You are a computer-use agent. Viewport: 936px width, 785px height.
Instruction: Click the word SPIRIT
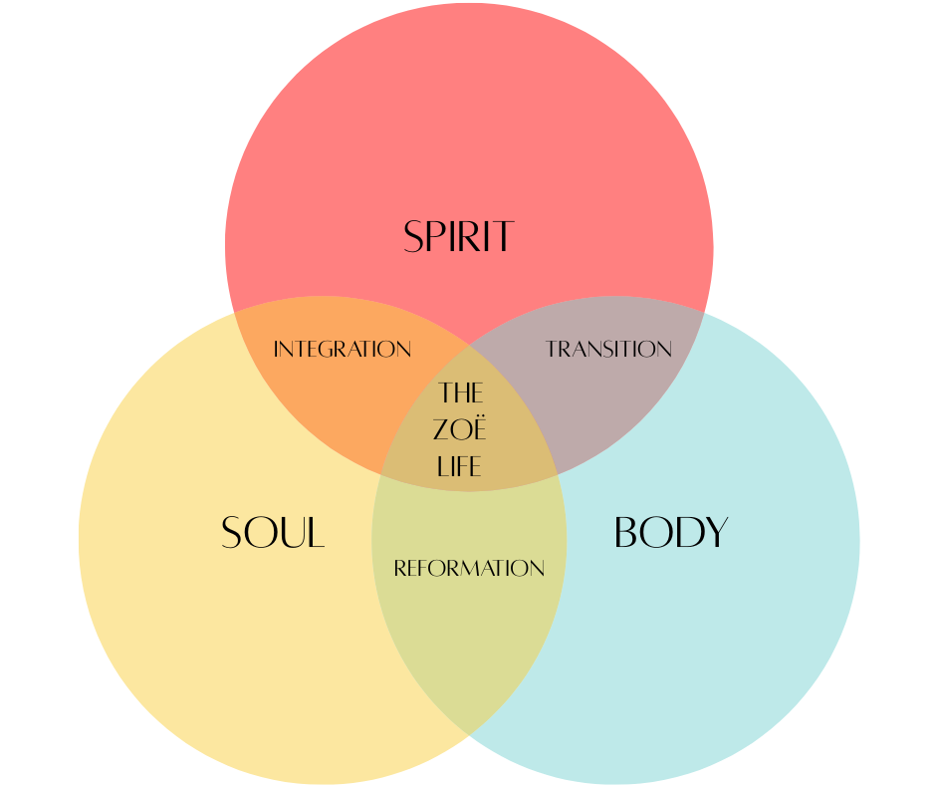[x=458, y=237]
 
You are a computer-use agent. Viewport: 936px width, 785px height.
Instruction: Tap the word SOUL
[x=273, y=533]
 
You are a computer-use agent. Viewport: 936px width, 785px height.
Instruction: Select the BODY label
[x=671, y=533]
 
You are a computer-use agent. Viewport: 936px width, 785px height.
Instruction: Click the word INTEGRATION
[x=342, y=350]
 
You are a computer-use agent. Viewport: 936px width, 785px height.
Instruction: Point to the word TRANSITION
[x=608, y=350]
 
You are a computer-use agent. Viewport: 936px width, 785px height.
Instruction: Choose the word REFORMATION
[x=469, y=569]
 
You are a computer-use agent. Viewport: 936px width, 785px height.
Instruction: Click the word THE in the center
[x=460, y=392]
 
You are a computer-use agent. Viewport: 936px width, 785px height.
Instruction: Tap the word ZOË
[x=460, y=429]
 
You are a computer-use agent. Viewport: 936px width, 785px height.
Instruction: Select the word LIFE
[x=460, y=465]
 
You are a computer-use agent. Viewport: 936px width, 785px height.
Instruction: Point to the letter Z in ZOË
[x=443, y=430]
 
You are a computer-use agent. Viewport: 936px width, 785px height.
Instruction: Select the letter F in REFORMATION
[x=421, y=569]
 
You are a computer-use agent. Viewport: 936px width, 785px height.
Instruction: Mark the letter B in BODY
[x=627, y=533]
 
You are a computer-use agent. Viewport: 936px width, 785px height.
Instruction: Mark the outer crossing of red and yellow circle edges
[x=235, y=313]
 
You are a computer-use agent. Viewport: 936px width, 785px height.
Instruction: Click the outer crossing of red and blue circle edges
[x=704, y=313]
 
